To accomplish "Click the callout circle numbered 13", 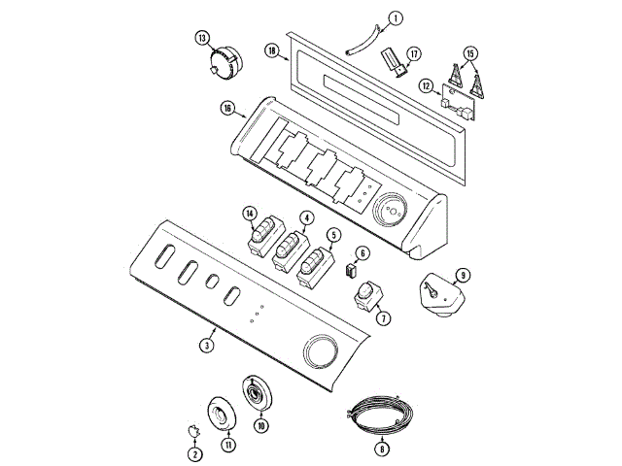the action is (202, 38).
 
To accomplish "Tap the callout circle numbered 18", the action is (272, 50).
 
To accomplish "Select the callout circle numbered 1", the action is (396, 18).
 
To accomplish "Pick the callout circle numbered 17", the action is (414, 54).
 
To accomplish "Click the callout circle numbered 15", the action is (470, 53).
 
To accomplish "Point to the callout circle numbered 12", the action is (427, 86).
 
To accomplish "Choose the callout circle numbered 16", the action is (227, 109).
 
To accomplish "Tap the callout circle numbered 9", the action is (463, 275).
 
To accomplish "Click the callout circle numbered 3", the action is (207, 346).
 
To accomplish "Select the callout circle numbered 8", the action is (382, 449).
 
